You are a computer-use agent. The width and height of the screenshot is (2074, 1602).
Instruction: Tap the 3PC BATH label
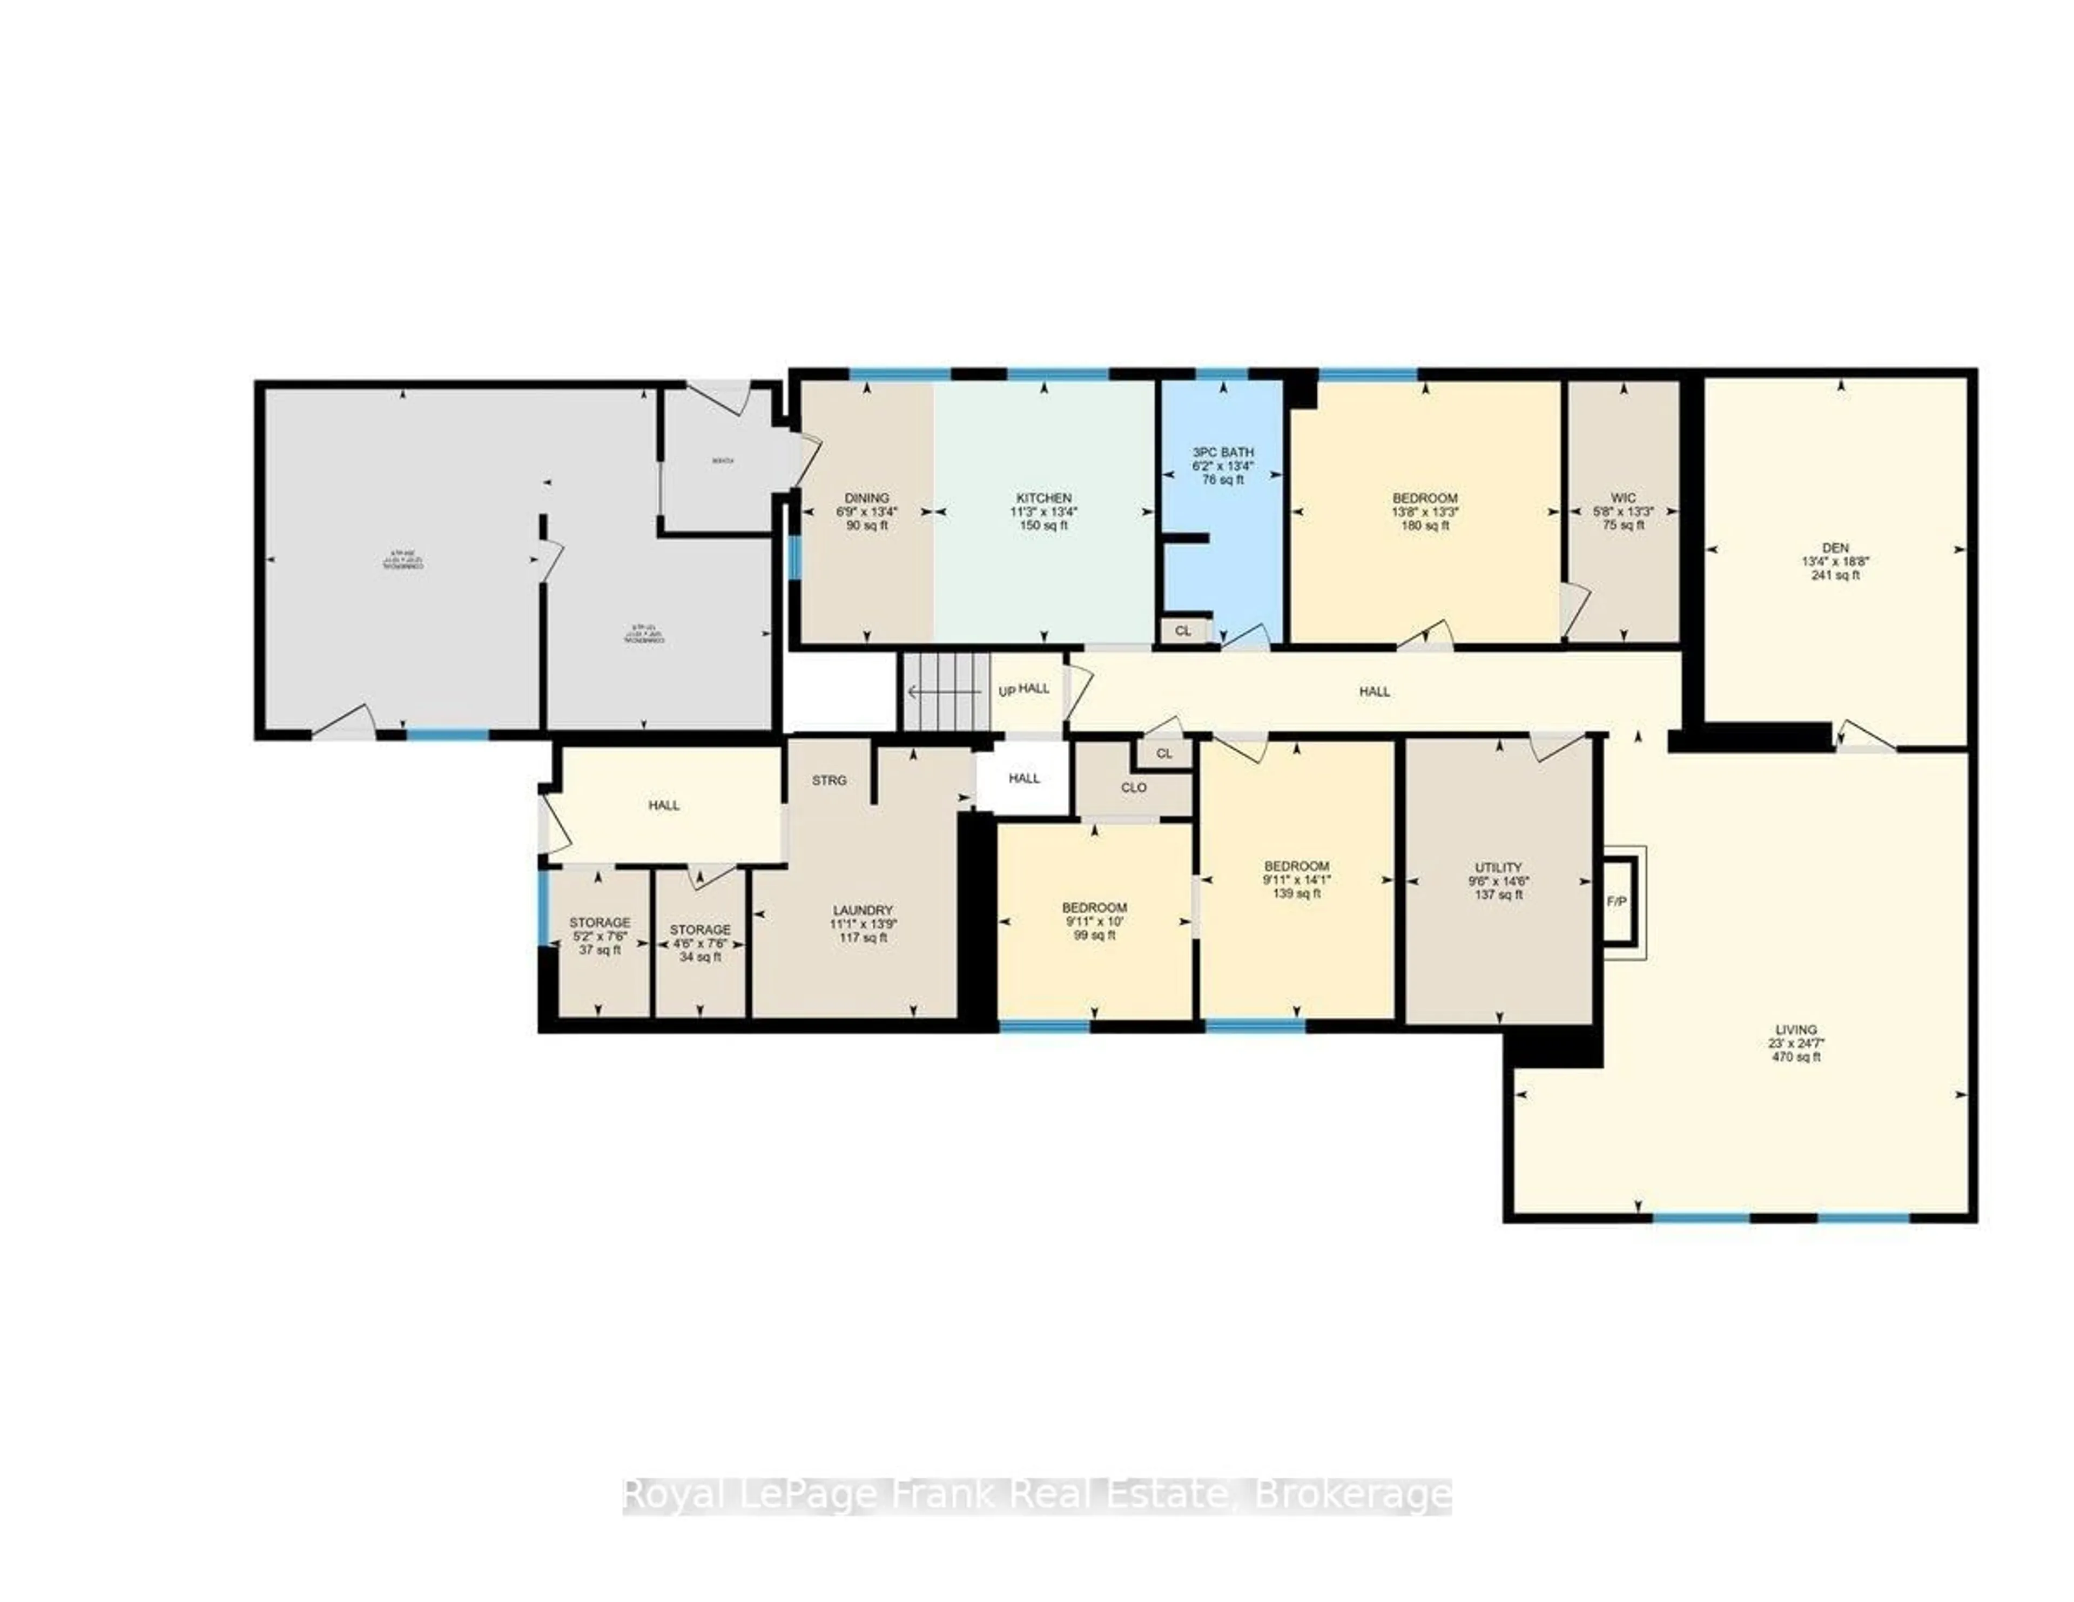[x=1223, y=452]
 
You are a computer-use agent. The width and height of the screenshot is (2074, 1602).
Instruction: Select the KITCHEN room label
[x=1043, y=497]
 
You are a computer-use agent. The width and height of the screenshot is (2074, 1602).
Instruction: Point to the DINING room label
[x=866, y=497]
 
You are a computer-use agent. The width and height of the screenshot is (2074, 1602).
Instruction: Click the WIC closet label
[x=1623, y=497]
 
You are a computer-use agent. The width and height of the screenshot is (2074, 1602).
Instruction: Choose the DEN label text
[x=1835, y=548]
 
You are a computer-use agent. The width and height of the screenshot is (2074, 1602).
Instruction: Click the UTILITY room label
[x=1499, y=867]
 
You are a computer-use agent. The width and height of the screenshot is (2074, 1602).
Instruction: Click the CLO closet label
[x=1134, y=787]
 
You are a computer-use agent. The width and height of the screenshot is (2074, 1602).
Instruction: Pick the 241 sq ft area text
[x=1835, y=575]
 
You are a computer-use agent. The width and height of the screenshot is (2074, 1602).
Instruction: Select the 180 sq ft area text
[x=1424, y=525]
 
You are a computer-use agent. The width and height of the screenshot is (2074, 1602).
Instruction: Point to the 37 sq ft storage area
[x=599, y=950]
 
